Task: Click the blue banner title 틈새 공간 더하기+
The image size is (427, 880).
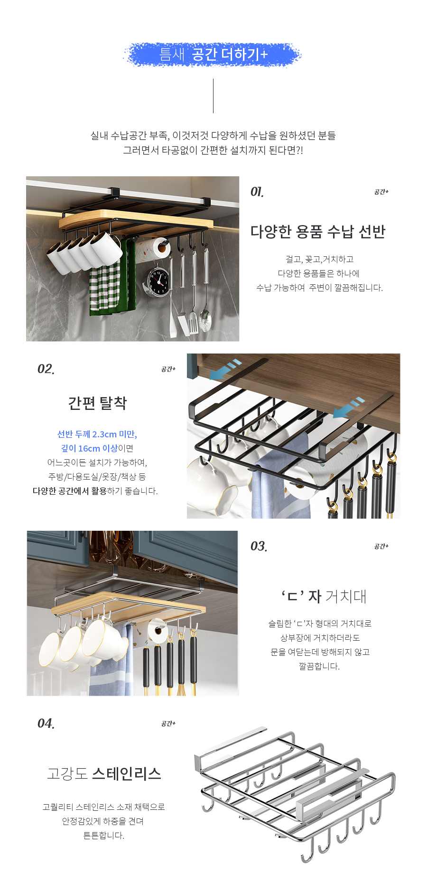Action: tap(213, 54)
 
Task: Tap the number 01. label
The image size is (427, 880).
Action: tap(257, 192)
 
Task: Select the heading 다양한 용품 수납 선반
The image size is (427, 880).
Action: tap(318, 232)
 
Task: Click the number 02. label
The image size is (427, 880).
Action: tap(46, 369)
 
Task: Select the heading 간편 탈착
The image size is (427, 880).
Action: tap(98, 403)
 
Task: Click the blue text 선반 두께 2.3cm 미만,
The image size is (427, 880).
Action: tap(97, 434)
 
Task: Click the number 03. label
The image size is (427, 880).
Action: tap(259, 546)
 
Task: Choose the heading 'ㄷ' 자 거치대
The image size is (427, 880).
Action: tap(324, 596)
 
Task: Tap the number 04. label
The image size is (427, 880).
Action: tap(46, 724)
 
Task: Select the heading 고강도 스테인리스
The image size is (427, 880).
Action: tap(104, 774)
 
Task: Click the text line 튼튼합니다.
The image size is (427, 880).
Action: tap(104, 835)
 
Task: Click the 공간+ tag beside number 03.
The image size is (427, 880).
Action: tap(381, 546)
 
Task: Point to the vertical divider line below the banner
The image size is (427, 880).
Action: tap(213, 96)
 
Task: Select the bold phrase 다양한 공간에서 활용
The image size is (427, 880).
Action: tap(69, 491)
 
